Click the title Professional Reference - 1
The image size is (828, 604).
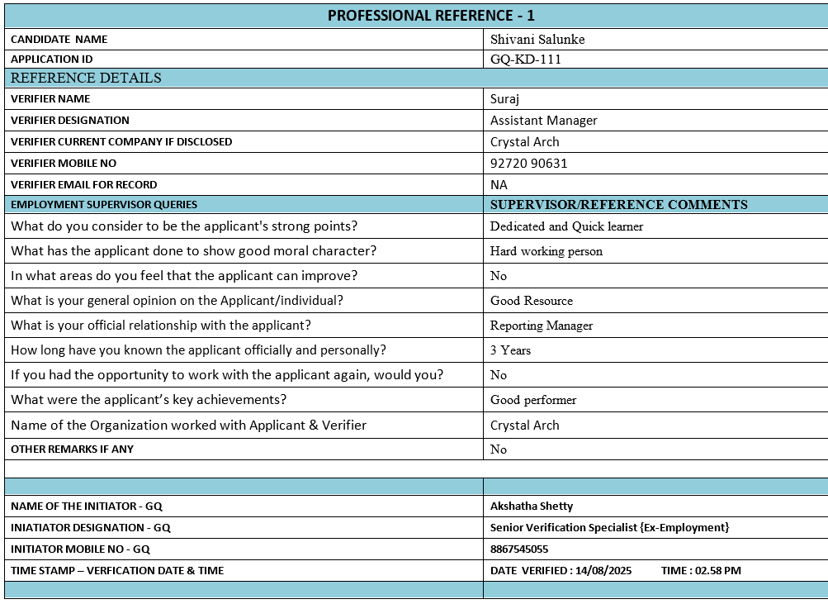click(x=431, y=16)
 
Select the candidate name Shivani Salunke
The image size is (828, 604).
click(x=537, y=39)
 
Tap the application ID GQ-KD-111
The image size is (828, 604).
click(x=527, y=59)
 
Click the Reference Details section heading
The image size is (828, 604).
click(x=86, y=78)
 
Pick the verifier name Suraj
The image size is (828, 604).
click(x=505, y=99)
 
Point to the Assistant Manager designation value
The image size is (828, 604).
click(x=543, y=121)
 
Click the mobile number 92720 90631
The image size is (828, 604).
click(x=528, y=164)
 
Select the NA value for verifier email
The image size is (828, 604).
click(x=499, y=185)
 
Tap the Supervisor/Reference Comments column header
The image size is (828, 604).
click(x=618, y=205)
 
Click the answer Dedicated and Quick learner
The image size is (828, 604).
click(x=566, y=226)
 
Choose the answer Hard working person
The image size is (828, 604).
click(x=546, y=251)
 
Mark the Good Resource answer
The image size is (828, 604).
click(x=531, y=301)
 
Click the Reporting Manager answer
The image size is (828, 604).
click(x=542, y=326)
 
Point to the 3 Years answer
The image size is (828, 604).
click(x=510, y=350)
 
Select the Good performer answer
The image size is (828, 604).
click(x=533, y=400)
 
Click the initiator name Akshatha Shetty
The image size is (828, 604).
click(x=531, y=506)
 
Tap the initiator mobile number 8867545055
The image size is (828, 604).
click(x=518, y=549)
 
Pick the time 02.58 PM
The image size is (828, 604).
click(x=717, y=570)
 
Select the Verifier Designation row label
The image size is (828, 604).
click(x=70, y=121)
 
